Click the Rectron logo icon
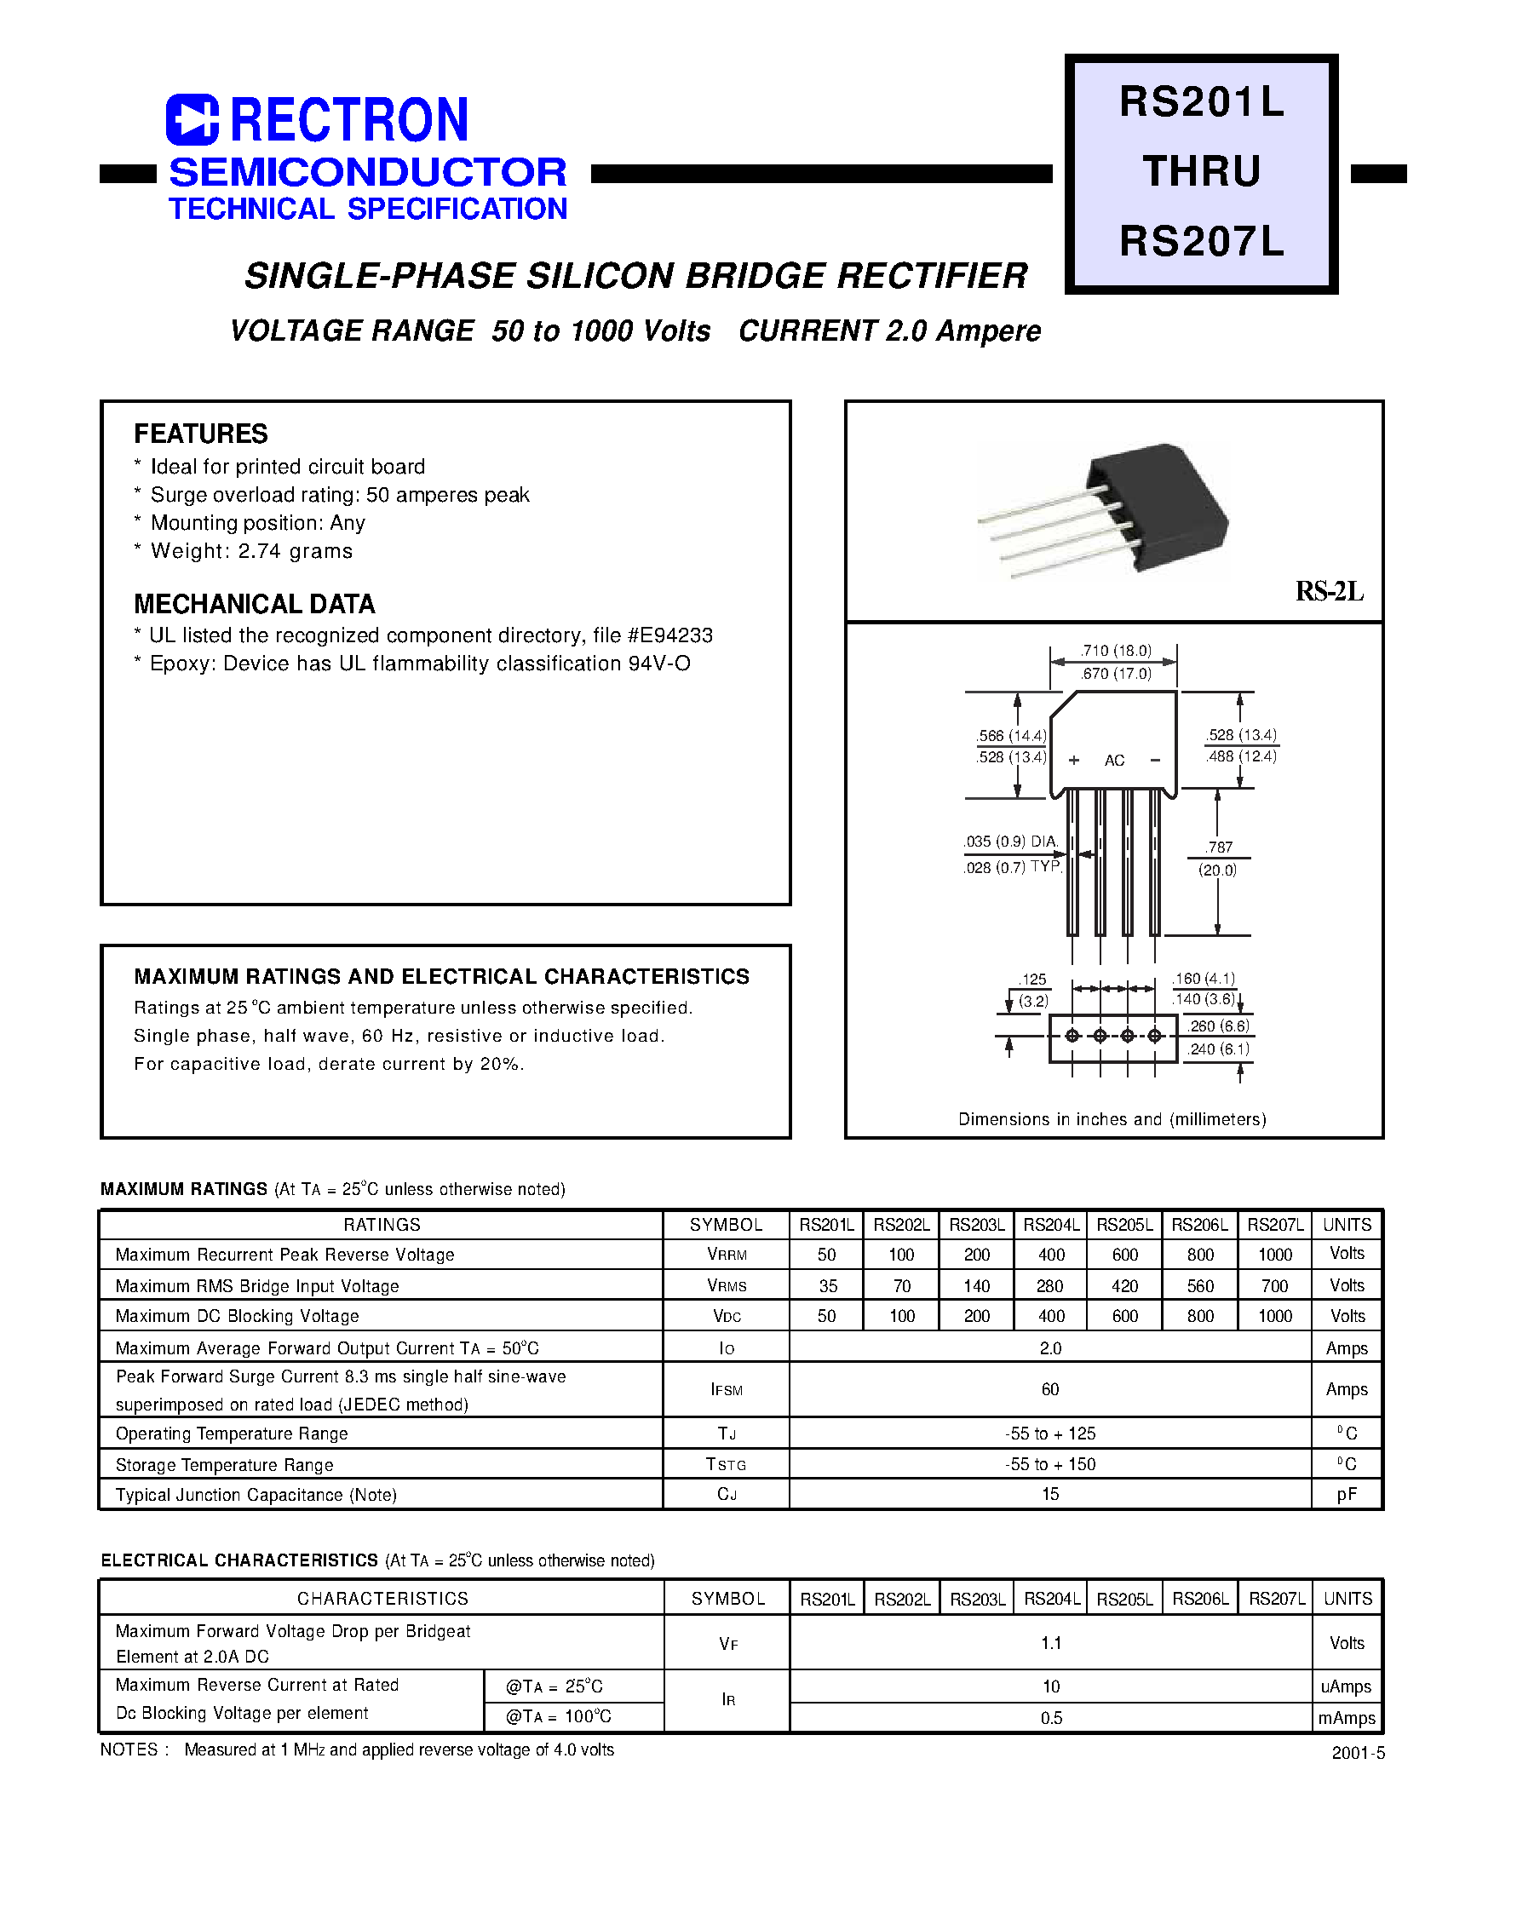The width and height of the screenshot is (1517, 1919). (192, 119)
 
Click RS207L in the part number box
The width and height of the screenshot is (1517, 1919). (1201, 241)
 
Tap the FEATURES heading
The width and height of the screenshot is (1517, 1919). (201, 434)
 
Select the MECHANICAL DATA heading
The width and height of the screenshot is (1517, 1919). (254, 604)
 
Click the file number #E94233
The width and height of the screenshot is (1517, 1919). (669, 635)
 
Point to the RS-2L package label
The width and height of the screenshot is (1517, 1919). (1329, 591)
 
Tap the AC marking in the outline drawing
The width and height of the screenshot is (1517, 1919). (1114, 761)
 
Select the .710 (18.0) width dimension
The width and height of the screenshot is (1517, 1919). (1116, 651)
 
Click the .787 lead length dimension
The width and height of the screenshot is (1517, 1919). (1219, 847)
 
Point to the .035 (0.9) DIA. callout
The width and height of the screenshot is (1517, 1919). (1011, 841)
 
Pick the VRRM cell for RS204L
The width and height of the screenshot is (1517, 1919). (1051, 1255)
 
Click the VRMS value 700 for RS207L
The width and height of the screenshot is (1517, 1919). (1274, 1286)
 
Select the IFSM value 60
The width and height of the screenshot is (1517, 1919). (1050, 1389)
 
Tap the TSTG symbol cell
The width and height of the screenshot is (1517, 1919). (726, 1464)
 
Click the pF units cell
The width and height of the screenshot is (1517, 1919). (1347, 1495)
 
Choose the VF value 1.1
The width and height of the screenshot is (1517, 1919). (1051, 1643)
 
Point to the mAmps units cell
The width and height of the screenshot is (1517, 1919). (1347, 1717)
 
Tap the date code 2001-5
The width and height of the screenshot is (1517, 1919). (1358, 1753)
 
